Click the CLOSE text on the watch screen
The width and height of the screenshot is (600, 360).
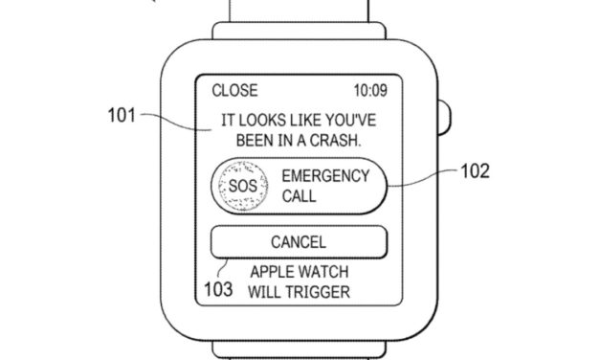coord(234,91)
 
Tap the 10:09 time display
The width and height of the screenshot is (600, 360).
coord(370,91)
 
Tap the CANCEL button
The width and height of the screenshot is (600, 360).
coord(299,242)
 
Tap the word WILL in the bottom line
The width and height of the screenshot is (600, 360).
coord(264,291)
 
